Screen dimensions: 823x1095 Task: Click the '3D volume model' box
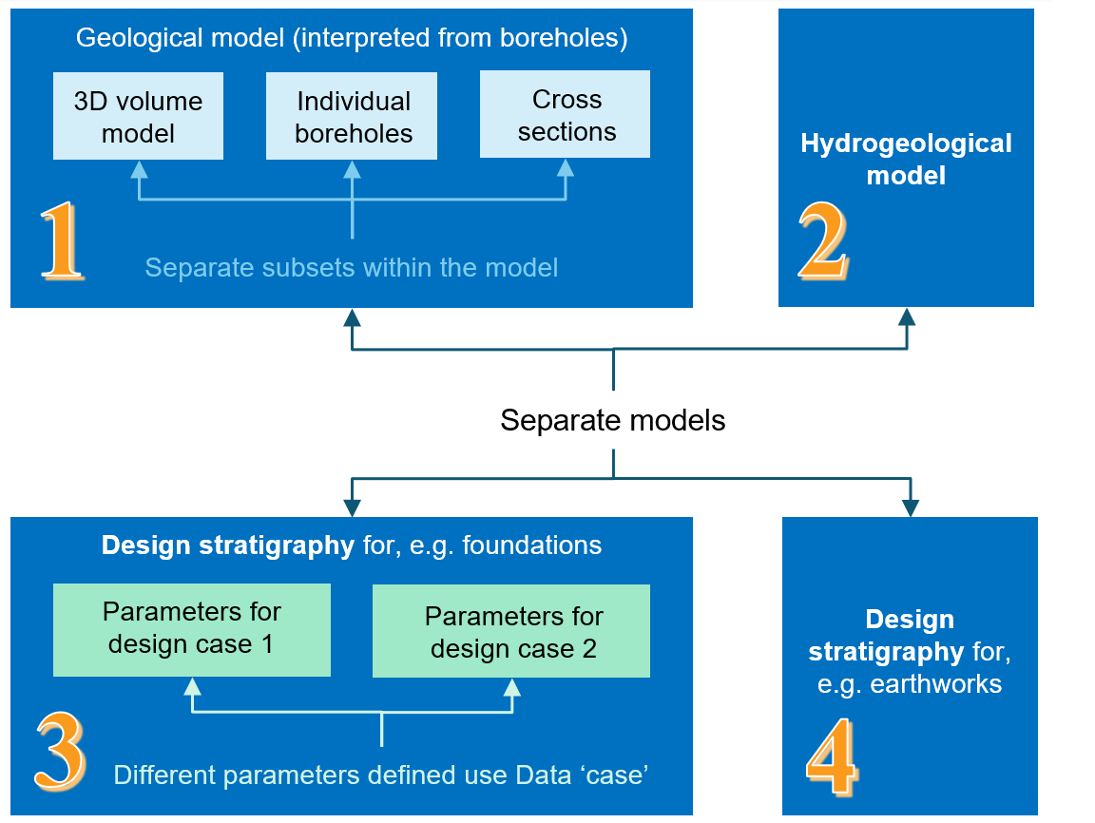point(139,116)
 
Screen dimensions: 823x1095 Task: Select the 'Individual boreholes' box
point(353,116)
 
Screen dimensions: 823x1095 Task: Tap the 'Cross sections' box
point(566,114)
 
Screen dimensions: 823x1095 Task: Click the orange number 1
point(62,243)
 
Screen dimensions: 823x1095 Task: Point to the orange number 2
point(823,243)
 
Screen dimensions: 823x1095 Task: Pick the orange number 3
point(60,751)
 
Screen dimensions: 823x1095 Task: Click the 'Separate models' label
point(613,420)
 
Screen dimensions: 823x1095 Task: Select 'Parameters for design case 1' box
point(192,629)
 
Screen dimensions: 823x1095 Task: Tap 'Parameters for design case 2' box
point(512,631)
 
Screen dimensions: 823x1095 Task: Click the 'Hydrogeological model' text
point(906,159)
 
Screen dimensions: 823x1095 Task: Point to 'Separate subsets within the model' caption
point(351,267)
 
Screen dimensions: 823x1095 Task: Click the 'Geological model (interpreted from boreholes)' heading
point(352,38)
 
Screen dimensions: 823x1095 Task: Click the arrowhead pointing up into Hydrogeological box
point(907,316)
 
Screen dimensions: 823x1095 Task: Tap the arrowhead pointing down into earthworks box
point(911,507)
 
